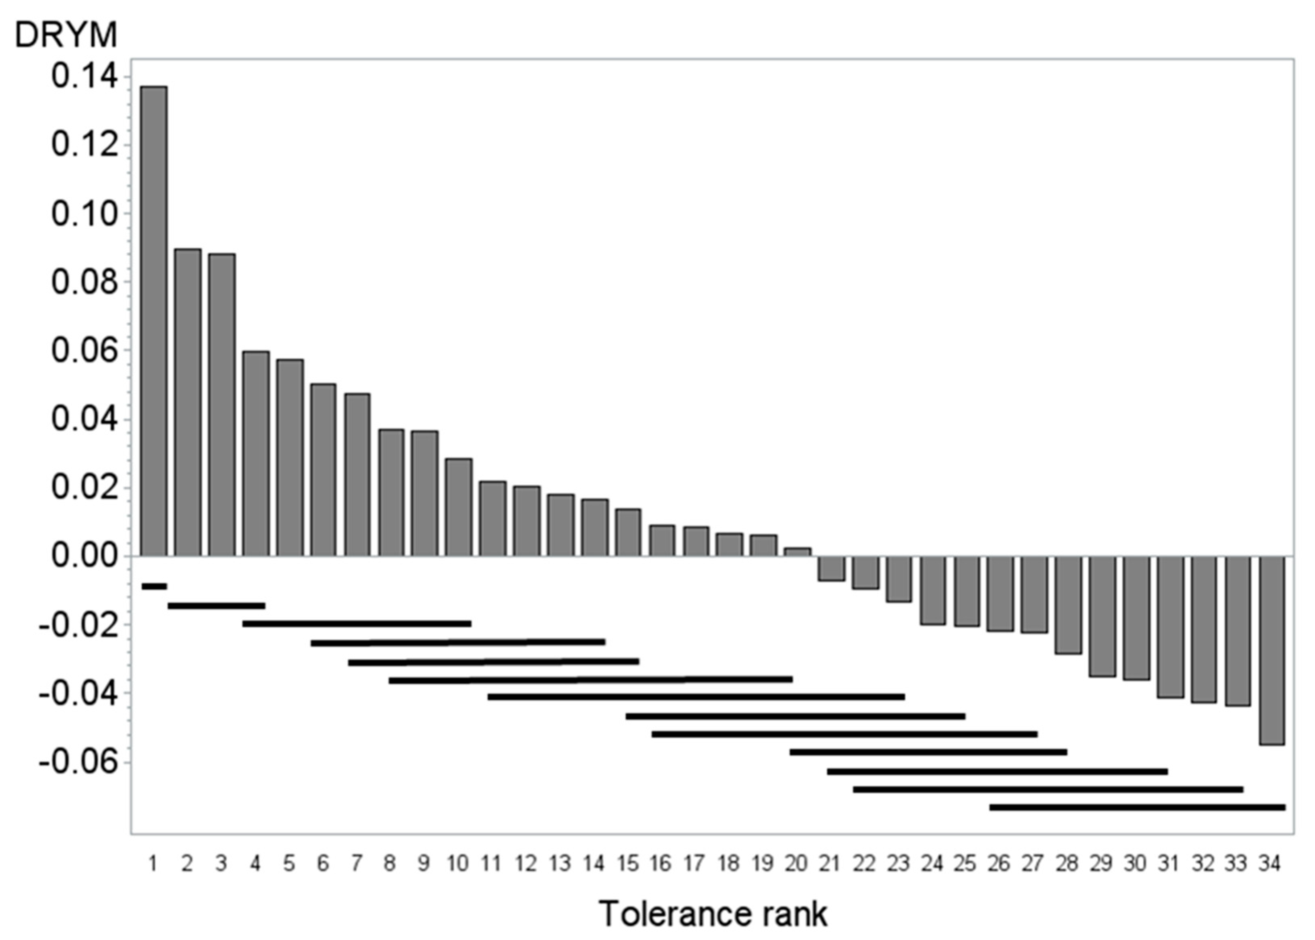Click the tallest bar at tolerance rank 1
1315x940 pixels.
click(154, 321)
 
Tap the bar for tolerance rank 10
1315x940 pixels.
click(459, 507)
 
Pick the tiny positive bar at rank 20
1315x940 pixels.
click(797, 552)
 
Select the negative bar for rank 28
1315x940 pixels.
click(1068, 605)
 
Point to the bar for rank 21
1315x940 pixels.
click(831, 568)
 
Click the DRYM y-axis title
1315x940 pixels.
click(65, 35)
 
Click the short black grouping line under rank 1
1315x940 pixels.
click(154, 586)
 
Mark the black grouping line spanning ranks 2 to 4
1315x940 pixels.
click(216, 606)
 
